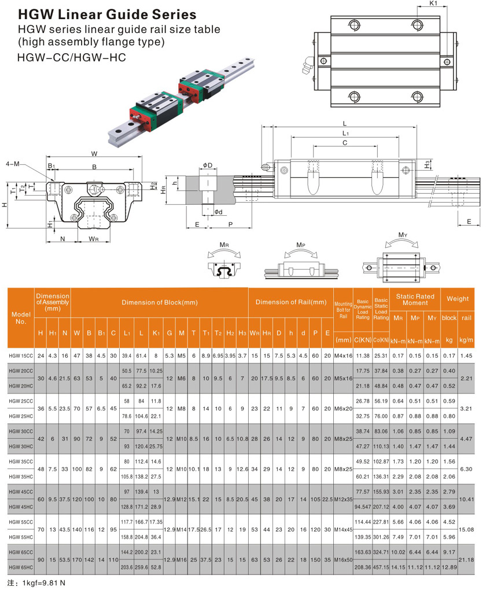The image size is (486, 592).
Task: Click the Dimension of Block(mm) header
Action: click(159, 302)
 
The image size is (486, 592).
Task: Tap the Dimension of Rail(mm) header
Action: click(291, 302)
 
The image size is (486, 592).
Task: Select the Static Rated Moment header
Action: click(415, 299)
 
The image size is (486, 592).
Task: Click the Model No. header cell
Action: click(20, 318)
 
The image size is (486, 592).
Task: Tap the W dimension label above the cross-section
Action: click(94, 153)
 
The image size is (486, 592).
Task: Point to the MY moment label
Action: click(403, 235)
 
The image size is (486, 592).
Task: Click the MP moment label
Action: click(300, 245)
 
